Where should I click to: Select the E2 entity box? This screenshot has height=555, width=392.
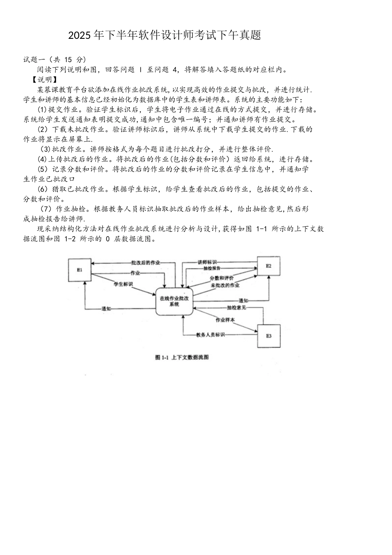[x=269, y=266]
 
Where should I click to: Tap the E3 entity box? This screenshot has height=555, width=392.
[x=269, y=336]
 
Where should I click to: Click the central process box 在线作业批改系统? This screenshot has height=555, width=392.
[x=174, y=301]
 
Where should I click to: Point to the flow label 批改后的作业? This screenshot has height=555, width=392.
[x=146, y=263]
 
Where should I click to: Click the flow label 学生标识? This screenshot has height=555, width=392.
[x=123, y=284]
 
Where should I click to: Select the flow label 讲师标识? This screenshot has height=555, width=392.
[x=207, y=262]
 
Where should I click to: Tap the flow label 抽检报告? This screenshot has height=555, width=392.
[x=212, y=268]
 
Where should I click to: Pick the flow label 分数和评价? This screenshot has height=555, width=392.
[x=222, y=278]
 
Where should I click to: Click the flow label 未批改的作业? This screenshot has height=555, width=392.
[x=225, y=285]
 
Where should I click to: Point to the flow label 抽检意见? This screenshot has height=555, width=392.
[x=236, y=308]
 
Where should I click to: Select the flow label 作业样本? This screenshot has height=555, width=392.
[x=225, y=320]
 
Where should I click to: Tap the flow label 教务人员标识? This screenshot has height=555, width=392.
[x=210, y=334]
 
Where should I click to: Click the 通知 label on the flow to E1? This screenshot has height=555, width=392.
[x=106, y=309]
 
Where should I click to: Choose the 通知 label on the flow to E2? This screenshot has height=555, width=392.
[x=243, y=300]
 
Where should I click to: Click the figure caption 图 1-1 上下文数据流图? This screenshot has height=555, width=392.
[x=182, y=357]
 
